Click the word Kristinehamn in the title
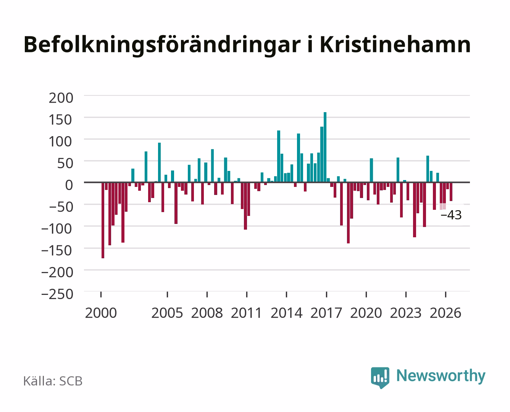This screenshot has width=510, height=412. click(395, 45)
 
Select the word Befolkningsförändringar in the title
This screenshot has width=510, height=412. click(162, 46)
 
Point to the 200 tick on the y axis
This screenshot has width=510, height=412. click(61, 98)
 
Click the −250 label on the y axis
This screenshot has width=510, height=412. click(57, 294)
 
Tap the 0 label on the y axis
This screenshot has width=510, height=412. click(69, 185)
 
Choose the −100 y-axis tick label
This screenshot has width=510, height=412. click(56, 229)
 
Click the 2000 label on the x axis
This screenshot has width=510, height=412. click(101, 313)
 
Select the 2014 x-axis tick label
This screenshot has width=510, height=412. click(287, 313)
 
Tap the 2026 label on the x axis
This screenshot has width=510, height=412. click(445, 313)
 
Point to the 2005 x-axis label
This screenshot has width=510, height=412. click(167, 313)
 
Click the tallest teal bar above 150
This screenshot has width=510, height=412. click(325, 147)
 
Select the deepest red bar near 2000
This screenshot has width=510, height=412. click(103, 220)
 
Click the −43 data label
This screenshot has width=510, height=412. click(451, 215)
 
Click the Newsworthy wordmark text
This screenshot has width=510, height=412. click(441, 376)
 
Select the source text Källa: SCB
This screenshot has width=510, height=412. click(53, 381)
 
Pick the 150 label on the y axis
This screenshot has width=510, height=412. click(60, 120)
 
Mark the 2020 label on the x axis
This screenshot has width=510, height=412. click(366, 313)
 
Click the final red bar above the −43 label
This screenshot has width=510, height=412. click(451, 192)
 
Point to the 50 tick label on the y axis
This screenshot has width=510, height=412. click(65, 163)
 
